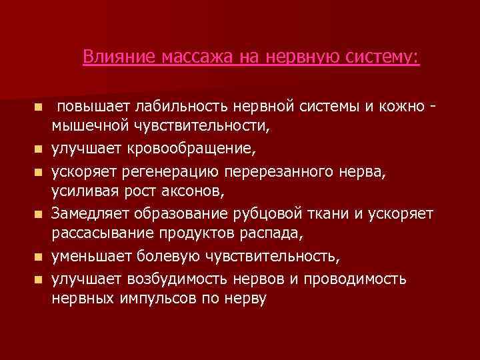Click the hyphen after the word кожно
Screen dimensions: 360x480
(x=435, y=106)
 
